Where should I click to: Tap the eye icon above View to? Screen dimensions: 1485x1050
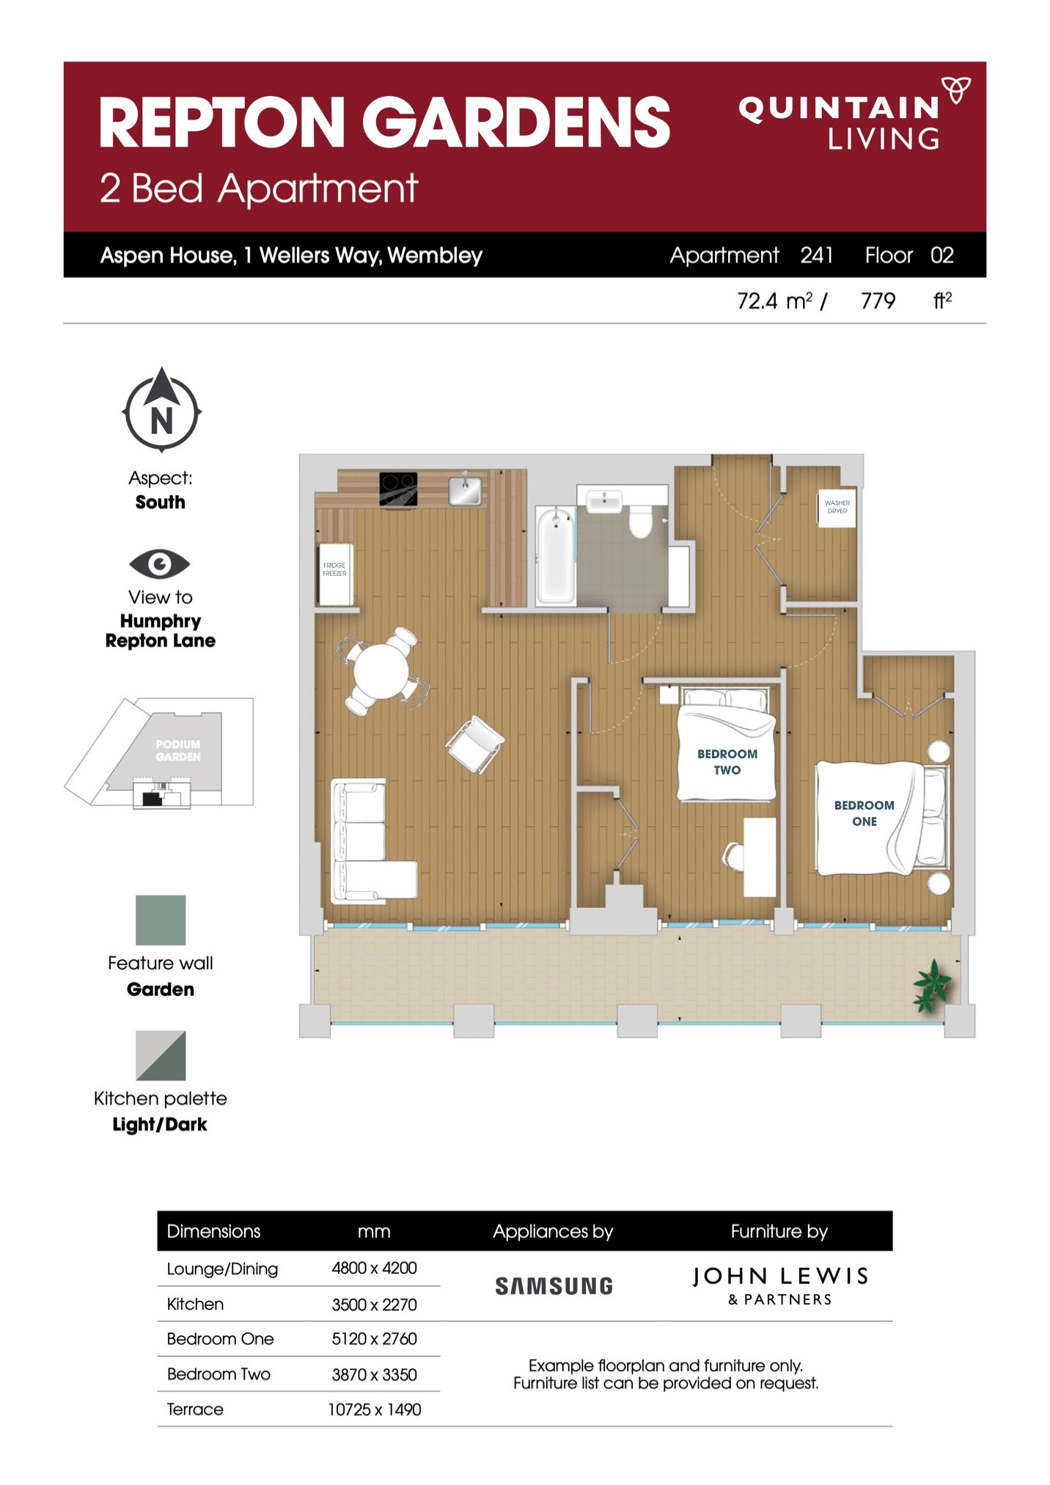click(160, 564)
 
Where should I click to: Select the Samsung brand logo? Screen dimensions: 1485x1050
click(554, 1286)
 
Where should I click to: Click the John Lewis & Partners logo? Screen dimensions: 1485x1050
click(780, 1286)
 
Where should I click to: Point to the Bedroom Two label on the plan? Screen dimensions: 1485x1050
click(727, 761)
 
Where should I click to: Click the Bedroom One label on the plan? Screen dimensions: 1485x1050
click(864, 813)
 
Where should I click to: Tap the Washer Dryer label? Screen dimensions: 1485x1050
click(837, 507)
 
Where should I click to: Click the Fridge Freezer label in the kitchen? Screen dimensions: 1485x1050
click(334, 569)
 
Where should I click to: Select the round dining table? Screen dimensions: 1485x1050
click(381, 671)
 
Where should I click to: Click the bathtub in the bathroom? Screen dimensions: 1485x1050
click(555, 555)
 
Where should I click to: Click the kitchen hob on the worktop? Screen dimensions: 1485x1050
click(398, 488)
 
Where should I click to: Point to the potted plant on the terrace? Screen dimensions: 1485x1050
click(931, 985)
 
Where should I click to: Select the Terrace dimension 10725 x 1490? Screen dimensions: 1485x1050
click(374, 1409)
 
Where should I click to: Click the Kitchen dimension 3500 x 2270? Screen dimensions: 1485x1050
click(374, 1304)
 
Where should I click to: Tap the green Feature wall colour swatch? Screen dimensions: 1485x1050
click(161, 920)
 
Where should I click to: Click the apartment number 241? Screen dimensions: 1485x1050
click(816, 255)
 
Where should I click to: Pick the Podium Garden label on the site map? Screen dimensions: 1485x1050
click(177, 750)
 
